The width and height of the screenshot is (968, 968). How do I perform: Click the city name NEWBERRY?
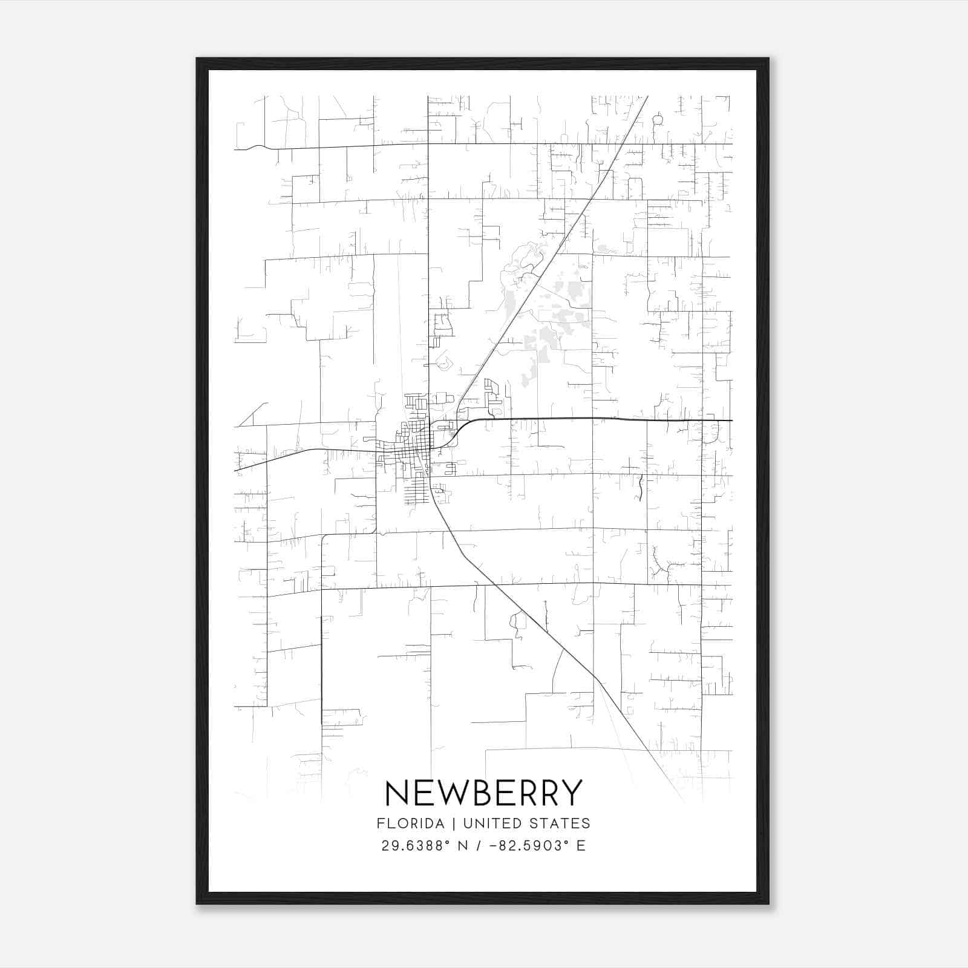tap(483, 793)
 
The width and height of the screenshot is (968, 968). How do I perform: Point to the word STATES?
tap(563, 823)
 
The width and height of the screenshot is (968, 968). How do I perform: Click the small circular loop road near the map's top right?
tap(658, 119)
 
